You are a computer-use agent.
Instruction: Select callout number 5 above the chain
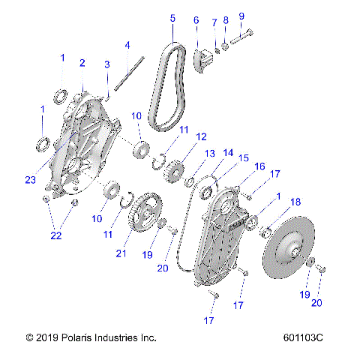(x=172, y=17)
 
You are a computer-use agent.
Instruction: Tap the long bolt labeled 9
(x=241, y=40)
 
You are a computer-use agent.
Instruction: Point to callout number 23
(x=30, y=179)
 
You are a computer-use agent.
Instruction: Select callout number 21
(x=121, y=253)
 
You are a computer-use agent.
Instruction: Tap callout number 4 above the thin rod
(x=127, y=44)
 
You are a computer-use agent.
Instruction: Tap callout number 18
(x=295, y=202)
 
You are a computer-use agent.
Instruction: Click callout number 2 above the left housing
(x=82, y=62)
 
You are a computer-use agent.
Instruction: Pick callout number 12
(x=201, y=136)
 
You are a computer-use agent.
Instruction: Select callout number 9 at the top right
(x=241, y=16)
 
